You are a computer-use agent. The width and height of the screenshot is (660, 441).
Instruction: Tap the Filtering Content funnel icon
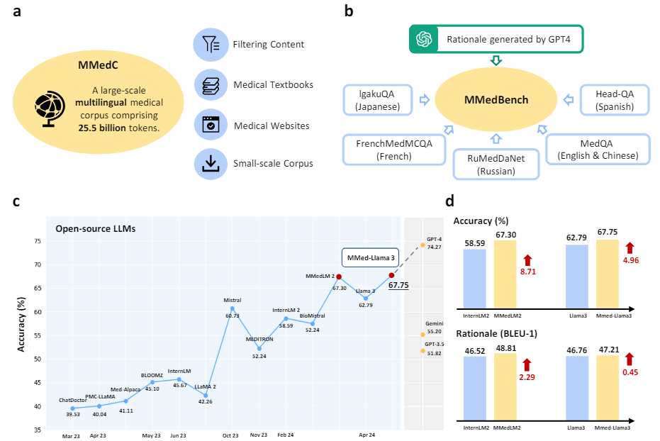[x=211, y=45]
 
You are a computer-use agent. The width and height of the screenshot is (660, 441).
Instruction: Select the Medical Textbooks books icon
[x=211, y=85]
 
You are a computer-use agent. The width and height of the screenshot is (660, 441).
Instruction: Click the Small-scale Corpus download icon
[x=211, y=164]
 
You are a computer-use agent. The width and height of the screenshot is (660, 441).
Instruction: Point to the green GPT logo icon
[x=425, y=38]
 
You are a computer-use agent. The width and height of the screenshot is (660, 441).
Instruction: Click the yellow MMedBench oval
[x=497, y=100]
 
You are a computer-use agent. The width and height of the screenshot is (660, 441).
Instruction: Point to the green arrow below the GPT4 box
[x=496, y=61]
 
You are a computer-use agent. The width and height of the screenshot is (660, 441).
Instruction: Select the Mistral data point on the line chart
[x=232, y=308]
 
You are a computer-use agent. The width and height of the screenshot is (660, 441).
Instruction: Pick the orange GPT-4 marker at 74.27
[x=423, y=245]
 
